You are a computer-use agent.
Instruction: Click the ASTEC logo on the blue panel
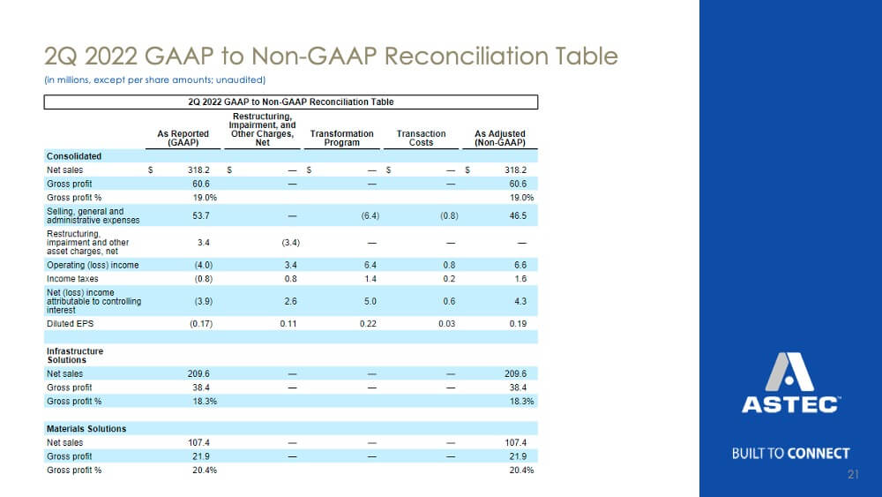pyautogui.click(x=790, y=383)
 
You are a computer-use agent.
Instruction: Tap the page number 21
pyautogui.click(x=853, y=474)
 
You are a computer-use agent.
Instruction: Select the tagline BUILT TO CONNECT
pyautogui.click(x=790, y=454)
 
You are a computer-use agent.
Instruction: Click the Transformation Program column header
pyautogui.click(x=341, y=138)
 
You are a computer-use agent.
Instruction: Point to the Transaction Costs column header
pyautogui.click(x=421, y=138)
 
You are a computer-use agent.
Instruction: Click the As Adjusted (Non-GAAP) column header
pyautogui.click(x=499, y=138)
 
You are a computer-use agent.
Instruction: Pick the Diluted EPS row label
pyautogui.click(x=71, y=324)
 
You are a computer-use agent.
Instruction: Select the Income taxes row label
pyautogui.click(x=72, y=279)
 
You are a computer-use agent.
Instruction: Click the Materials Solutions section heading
pyautogui.click(x=86, y=429)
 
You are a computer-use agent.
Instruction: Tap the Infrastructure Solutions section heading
pyautogui.click(x=75, y=356)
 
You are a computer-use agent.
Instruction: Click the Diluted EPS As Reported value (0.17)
pyautogui.click(x=201, y=324)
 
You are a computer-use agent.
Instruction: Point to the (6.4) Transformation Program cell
pyautogui.click(x=370, y=215)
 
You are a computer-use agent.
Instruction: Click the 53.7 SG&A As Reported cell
pyautogui.click(x=201, y=215)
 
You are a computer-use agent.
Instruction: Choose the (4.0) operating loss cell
pyautogui.click(x=204, y=265)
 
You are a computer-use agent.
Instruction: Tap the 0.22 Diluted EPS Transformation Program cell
pyautogui.click(x=368, y=324)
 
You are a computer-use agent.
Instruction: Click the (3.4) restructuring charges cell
pyautogui.click(x=291, y=243)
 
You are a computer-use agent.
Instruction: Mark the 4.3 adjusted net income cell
pyautogui.click(x=520, y=301)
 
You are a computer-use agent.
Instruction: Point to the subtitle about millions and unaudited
pyautogui.click(x=154, y=80)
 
